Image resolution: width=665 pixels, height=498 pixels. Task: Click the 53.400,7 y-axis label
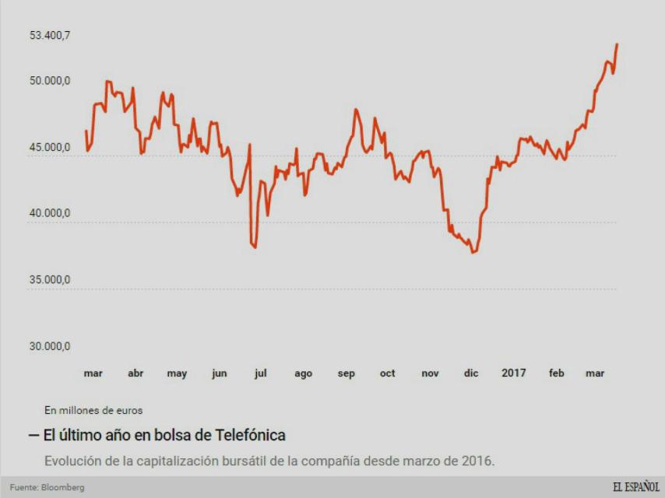pyautogui.click(x=50, y=35)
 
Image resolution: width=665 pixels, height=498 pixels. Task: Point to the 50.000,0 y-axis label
pyautogui.click(x=50, y=81)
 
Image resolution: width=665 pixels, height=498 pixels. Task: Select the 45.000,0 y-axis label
pyautogui.click(x=50, y=147)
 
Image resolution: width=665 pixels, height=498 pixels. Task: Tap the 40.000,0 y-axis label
pyautogui.click(x=50, y=213)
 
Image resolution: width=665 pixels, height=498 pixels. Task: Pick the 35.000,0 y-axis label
pyautogui.click(x=50, y=280)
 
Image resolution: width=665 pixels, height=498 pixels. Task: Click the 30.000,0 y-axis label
pyautogui.click(x=50, y=346)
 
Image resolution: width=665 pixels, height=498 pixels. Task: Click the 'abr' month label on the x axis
pyautogui.click(x=135, y=373)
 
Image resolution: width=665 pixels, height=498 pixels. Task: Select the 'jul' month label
pyautogui.click(x=260, y=373)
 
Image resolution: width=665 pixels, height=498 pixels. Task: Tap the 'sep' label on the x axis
pyautogui.click(x=347, y=373)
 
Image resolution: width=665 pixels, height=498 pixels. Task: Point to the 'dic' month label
pyautogui.click(x=471, y=373)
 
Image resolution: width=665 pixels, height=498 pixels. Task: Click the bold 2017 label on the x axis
pyautogui.click(x=513, y=373)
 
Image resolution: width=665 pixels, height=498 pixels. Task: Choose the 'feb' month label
pyautogui.click(x=556, y=373)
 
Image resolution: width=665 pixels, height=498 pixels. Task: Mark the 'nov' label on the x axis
pyautogui.click(x=430, y=373)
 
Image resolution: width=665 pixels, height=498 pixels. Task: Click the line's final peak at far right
pyautogui.click(x=617, y=44)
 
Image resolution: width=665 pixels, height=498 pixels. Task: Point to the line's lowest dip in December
pyautogui.click(x=473, y=252)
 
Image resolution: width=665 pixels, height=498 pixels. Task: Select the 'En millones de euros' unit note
pyautogui.click(x=93, y=410)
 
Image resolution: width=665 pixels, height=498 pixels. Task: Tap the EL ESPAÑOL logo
pyautogui.click(x=635, y=487)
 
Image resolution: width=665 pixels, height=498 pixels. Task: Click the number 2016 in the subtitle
pyautogui.click(x=477, y=461)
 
